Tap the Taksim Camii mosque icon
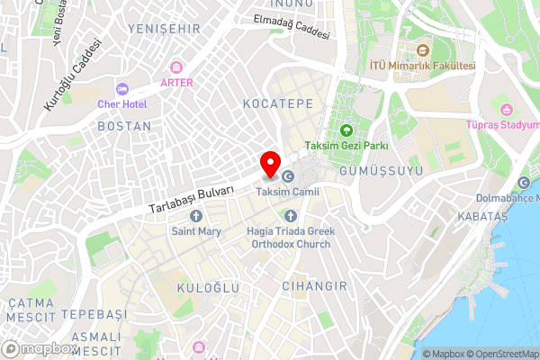pyautogui.click(x=288, y=176)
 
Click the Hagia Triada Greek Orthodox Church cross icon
pyautogui.click(x=290, y=215)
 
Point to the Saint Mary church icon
pyautogui.click(x=196, y=215)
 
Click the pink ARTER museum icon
pyautogui.click(x=176, y=67)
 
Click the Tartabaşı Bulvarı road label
pyautogui.click(x=192, y=200)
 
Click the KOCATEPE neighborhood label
pyautogui.click(x=278, y=104)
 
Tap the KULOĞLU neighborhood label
pyautogui.click(x=209, y=287)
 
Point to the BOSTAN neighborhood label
pyautogui.click(x=123, y=127)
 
